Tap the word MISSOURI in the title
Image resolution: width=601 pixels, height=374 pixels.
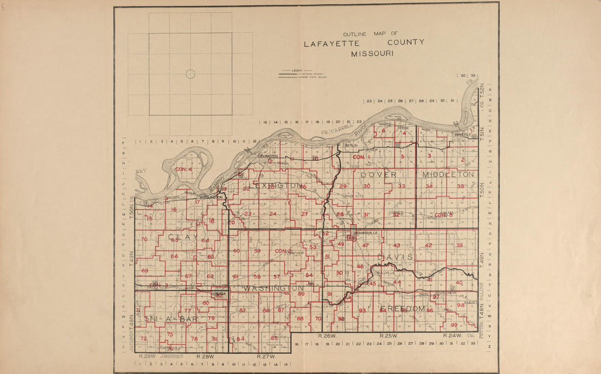pyautogui.click(x=372, y=54)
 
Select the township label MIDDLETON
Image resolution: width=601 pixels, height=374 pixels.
pyautogui.click(x=448, y=174)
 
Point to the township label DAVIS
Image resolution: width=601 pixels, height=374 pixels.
pyautogui.click(x=393, y=256)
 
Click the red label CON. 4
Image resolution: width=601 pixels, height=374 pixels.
pyautogui.click(x=184, y=170)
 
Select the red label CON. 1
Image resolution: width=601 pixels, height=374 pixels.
pyautogui.click(x=361, y=157)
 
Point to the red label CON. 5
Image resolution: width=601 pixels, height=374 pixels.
pyautogui.click(x=444, y=215)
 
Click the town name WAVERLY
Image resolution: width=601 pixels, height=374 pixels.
pyautogui.click(x=463, y=135)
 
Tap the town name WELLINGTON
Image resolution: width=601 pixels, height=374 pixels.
pyautogui.click(x=210, y=197)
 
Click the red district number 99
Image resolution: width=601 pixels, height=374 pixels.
pyautogui.click(x=454, y=325)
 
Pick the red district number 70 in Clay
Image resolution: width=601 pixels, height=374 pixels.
pyautogui.click(x=144, y=239)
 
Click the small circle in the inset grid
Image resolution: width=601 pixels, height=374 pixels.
pyautogui.click(x=190, y=74)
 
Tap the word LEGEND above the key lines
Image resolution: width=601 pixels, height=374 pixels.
pyautogui.click(x=297, y=71)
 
